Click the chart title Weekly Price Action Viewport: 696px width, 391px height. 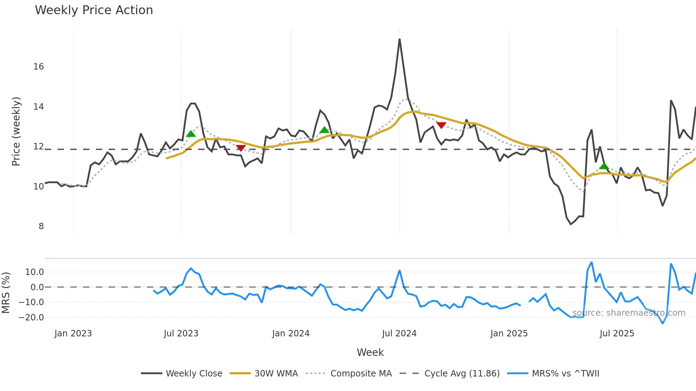tap(94, 10)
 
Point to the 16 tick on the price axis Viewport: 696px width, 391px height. tap(38, 67)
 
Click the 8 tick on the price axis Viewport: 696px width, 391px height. tap(41, 226)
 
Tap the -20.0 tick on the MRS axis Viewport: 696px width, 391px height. tap(31, 318)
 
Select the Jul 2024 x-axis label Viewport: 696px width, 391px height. tap(399, 334)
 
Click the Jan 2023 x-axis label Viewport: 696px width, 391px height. tap(73, 334)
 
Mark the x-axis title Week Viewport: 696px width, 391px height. tap(370, 352)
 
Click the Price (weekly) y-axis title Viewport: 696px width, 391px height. tap(16, 131)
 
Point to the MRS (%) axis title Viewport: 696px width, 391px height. tap(6, 293)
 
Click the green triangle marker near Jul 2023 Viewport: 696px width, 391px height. tap(191, 134)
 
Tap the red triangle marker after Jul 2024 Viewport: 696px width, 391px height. tap(441, 125)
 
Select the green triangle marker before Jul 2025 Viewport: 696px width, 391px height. tap(604, 166)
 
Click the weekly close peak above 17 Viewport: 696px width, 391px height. tap(399, 39)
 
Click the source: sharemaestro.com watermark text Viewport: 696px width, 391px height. tap(629, 313)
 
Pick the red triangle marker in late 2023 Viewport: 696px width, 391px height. tap(241, 148)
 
